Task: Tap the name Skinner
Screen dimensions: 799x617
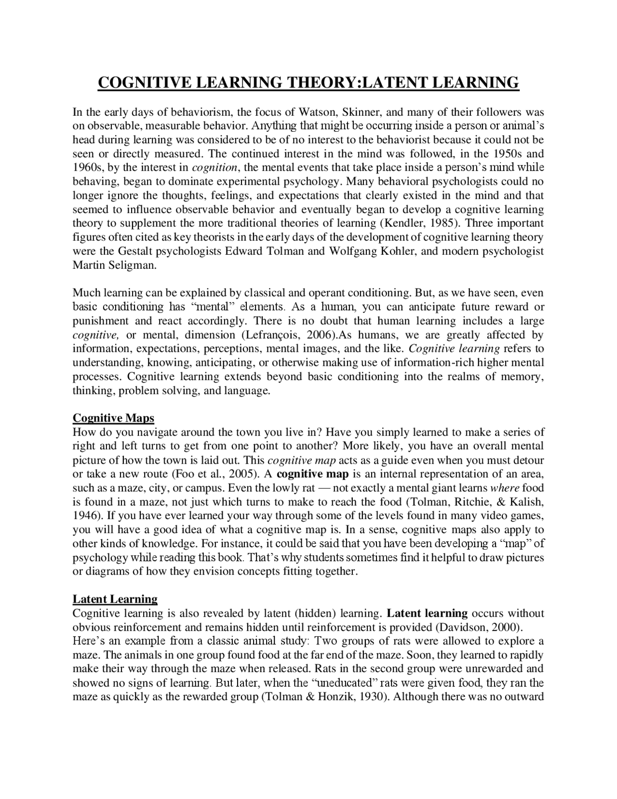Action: coord(362,112)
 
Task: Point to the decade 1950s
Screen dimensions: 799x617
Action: coord(510,154)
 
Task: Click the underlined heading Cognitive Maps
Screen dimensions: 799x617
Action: coord(113,417)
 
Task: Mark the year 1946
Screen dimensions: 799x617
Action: coord(85,516)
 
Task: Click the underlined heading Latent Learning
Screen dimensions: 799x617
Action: coord(115,599)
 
